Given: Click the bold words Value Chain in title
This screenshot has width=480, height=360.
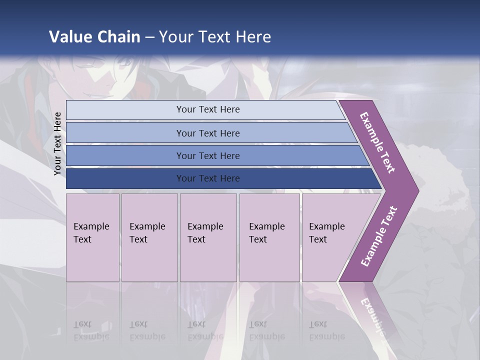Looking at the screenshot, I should pyautogui.click(x=94, y=37).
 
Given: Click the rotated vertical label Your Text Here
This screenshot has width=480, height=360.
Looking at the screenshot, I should pyautogui.click(x=57, y=143).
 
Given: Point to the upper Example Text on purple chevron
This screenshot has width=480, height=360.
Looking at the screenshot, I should pyautogui.click(x=378, y=142).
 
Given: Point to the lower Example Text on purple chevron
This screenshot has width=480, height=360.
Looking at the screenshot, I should pyautogui.click(x=379, y=236).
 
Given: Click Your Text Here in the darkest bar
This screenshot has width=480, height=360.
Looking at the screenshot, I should pyautogui.click(x=208, y=178).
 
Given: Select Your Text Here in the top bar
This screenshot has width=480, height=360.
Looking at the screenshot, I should pyautogui.click(x=208, y=109).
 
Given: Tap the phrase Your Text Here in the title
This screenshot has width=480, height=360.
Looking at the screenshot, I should pyautogui.click(x=215, y=37).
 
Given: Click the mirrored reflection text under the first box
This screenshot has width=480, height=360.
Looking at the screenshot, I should pyautogui.click(x=91, y=330).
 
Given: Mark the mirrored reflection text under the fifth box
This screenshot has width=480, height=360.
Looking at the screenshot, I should pyautogui.click(x=326, y=330).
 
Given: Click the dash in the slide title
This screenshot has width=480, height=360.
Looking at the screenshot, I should pyautogui.click(x=149, y=37).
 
